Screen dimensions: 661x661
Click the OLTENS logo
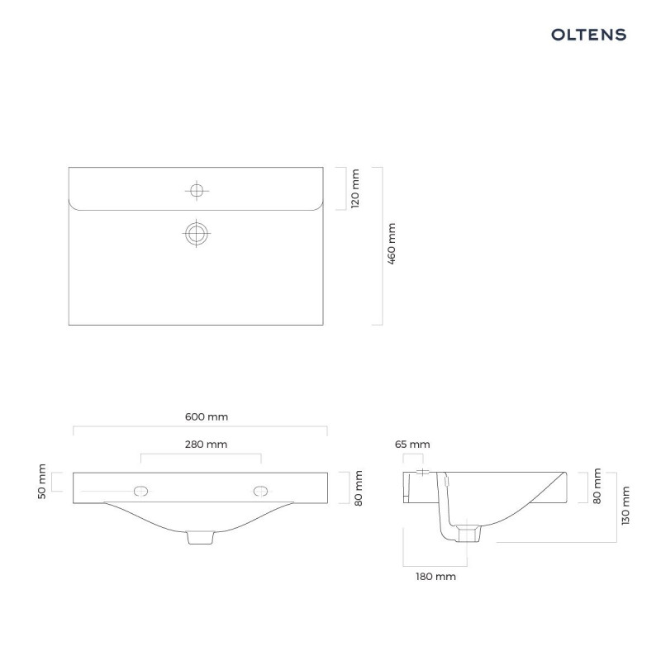coord(588,35)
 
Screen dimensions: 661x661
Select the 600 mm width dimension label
coord(201,417)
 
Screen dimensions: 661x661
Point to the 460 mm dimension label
coord(392,244)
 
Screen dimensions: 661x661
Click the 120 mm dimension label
coord(355,188)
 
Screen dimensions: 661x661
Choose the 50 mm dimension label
coord(42,482)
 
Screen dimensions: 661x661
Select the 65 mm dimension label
coord(412,445)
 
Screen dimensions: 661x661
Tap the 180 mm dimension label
coord(435,576)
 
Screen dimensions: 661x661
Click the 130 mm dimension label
coord(626,506)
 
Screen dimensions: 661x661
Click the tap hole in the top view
coord(196,191)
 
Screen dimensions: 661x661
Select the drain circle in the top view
coord(196,233)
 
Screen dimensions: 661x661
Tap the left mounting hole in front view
coord(141,491)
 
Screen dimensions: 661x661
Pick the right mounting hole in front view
coord(261,491)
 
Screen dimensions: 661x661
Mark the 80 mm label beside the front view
coord(357,487)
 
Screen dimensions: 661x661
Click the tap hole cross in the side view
coord(421,472)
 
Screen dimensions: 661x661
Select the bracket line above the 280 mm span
coord(201,454)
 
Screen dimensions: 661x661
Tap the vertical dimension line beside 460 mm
coord(382,245)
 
